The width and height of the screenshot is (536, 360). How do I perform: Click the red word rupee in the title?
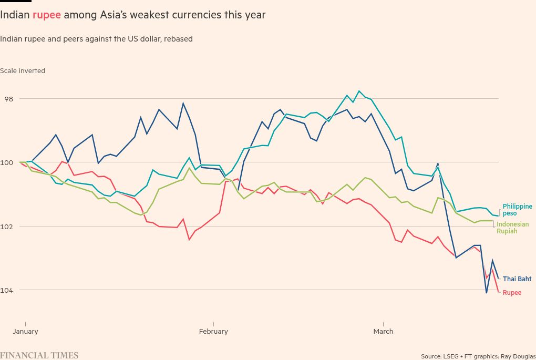click(47, 15)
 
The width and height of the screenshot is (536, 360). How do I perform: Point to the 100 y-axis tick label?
click(7, 162)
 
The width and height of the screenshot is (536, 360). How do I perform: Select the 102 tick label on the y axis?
click(7, 227)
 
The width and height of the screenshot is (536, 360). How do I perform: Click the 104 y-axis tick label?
click(7, 290)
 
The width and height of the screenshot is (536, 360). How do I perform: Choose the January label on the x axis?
click(25, 332)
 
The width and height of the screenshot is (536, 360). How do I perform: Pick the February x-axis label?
click(213, 332)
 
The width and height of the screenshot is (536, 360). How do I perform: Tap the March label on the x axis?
click(383, 332)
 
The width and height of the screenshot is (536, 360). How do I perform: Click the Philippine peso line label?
click(517, 210)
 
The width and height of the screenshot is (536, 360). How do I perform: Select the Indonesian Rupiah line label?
click(512, 228)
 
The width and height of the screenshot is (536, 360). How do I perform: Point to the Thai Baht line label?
click(517, 279)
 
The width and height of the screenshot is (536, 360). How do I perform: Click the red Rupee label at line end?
click(512, 293)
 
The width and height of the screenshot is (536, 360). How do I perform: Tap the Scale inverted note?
click(23, 71)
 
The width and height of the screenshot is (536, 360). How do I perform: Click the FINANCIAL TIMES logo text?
click(39, 355)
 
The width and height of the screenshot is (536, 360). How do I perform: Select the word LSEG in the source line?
click(450, 356)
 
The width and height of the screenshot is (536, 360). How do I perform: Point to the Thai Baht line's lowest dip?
click(487, 293)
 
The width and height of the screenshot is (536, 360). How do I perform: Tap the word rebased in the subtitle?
click(178, 39)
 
